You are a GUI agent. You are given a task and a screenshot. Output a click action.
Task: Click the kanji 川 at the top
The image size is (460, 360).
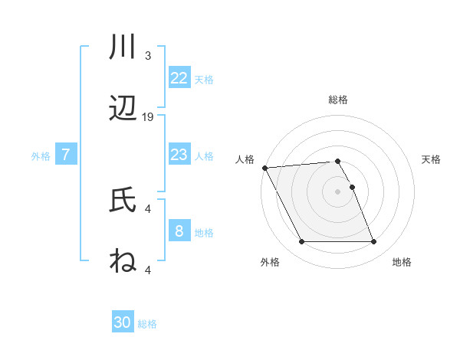(123, 48)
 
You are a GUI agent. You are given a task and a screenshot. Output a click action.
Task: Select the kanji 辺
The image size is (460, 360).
(123, 109)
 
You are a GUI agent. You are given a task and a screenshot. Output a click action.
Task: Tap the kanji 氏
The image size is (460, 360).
(123, 200)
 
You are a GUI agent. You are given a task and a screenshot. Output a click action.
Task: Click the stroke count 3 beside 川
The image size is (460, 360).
(148, 56)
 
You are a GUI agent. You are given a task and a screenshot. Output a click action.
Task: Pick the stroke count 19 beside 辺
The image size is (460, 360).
(148, 116)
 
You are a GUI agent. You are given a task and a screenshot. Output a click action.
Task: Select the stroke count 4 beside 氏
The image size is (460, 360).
(148, 208)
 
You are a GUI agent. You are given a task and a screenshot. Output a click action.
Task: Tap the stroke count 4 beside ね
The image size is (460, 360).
(148, 269)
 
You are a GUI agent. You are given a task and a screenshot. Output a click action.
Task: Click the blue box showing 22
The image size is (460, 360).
(179, 78)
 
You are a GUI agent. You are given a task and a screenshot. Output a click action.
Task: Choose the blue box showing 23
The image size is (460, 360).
(179, 155)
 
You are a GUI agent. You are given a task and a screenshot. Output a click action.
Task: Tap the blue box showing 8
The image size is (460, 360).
(179, 231)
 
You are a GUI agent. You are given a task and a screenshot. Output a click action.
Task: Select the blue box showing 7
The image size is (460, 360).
(66, 155)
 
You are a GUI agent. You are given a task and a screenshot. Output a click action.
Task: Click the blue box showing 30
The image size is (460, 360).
(123, 322)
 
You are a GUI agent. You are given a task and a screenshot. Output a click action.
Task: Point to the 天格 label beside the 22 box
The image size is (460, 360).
(204, 79)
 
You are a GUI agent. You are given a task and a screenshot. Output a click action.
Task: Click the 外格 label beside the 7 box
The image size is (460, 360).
(41, 155)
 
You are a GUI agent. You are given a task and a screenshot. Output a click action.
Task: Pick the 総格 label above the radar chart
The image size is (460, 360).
(338, 100)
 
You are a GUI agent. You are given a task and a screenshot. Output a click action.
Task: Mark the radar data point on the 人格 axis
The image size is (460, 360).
(264, 168)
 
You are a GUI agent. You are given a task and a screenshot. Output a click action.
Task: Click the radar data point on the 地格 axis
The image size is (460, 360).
(373, 242)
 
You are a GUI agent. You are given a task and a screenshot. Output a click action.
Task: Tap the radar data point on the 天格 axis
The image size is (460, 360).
(352, 187)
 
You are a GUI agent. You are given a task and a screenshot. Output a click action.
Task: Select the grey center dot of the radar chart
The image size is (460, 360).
(338, 191)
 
